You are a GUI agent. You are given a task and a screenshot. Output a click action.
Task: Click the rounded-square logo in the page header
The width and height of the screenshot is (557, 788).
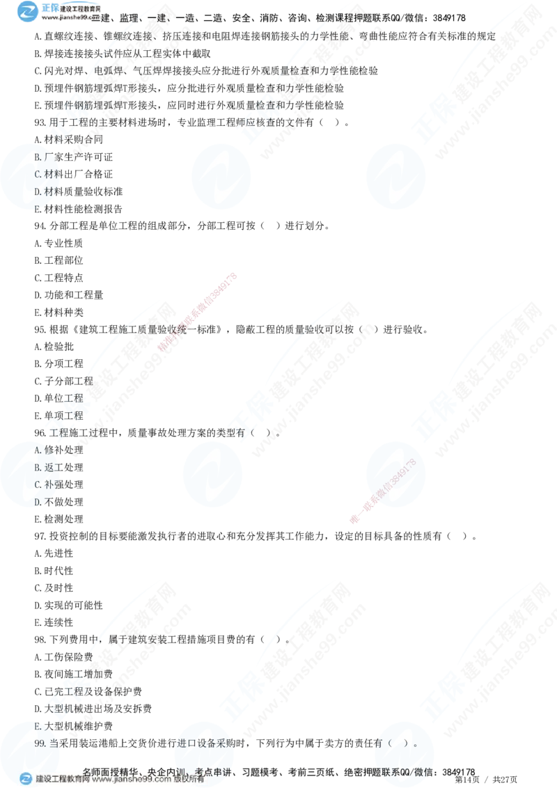point(29,12)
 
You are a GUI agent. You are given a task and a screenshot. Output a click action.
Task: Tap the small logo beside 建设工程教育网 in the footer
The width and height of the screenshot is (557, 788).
point(26,779)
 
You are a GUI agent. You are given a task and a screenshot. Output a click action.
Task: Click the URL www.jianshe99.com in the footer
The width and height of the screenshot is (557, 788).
point(132,780)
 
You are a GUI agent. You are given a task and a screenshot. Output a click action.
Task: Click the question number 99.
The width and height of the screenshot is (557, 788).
point(40,743)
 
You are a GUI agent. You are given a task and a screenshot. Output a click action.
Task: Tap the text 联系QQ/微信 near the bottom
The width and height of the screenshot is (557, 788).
point(407,771)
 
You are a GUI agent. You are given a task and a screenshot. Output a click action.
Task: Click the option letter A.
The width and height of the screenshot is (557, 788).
point(38,450)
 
